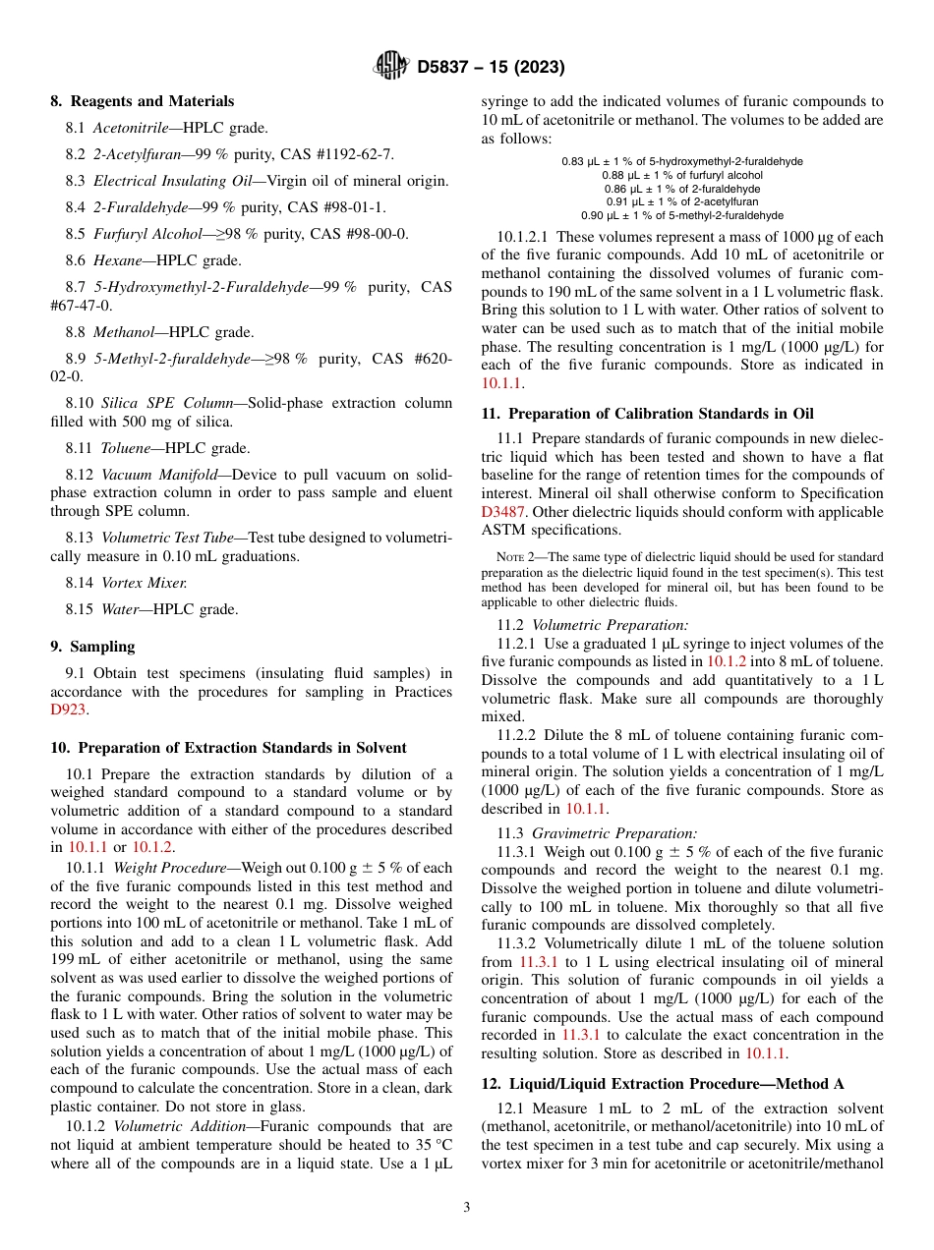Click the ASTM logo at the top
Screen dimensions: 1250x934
pos(391,67)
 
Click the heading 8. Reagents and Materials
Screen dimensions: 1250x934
pos(142,101)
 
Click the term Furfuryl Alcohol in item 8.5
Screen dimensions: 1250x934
pos(138,234)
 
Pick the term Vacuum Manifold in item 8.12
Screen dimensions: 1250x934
pos(159,475)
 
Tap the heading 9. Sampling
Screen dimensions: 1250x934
pos(92,647)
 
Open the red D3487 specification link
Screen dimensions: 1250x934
pos(503,512)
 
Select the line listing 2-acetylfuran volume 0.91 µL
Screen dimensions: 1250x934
pos(681,201)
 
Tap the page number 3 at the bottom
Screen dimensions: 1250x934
pos(467,1208)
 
